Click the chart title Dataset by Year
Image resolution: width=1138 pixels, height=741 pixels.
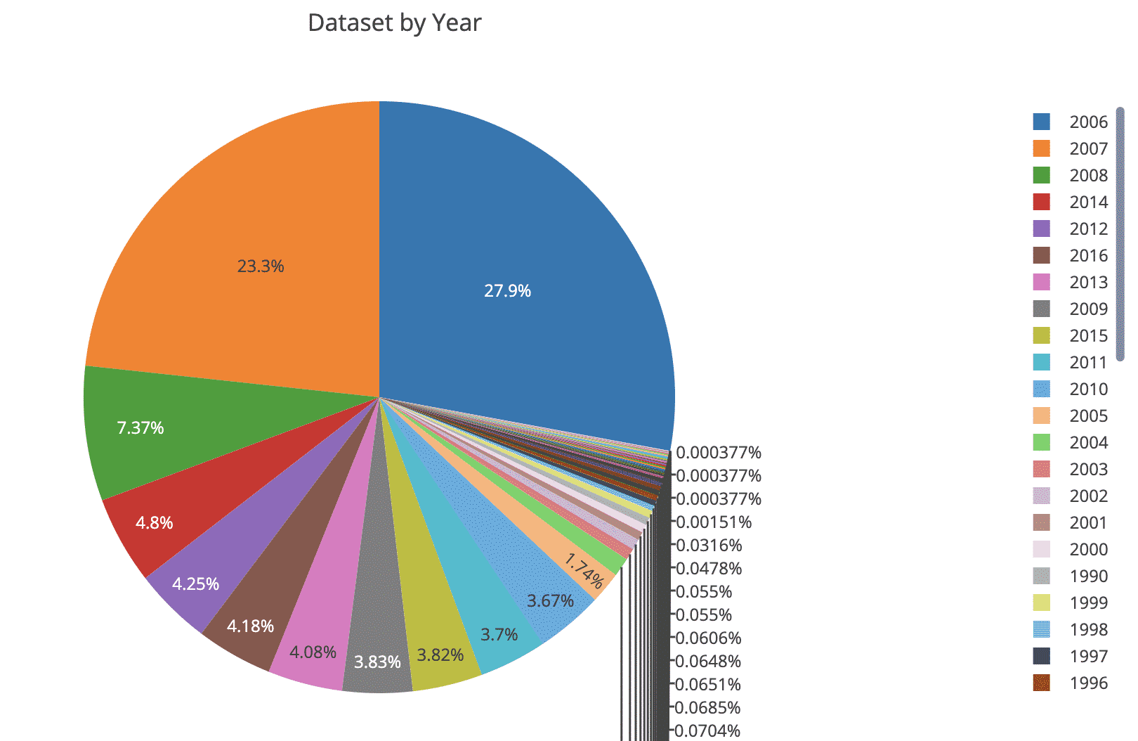pyautogui.click(x=394, y=23)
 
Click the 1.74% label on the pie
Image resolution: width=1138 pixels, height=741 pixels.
pyautogui.click(x=584, y=572)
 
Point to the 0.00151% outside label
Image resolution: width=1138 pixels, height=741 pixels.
pyautogui.click(x=714, y=522)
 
